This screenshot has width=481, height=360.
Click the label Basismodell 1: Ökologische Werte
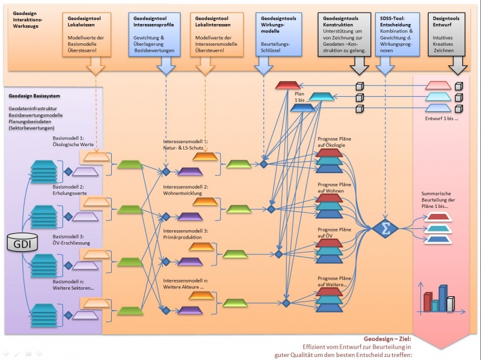coord(73,142)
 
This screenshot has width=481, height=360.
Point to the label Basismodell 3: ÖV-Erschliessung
coord(73,239)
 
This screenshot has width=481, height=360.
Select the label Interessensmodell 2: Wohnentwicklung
coord(185,191)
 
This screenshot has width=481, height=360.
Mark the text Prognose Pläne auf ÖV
coord(334,234)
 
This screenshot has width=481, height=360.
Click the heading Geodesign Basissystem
coord(34,96)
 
